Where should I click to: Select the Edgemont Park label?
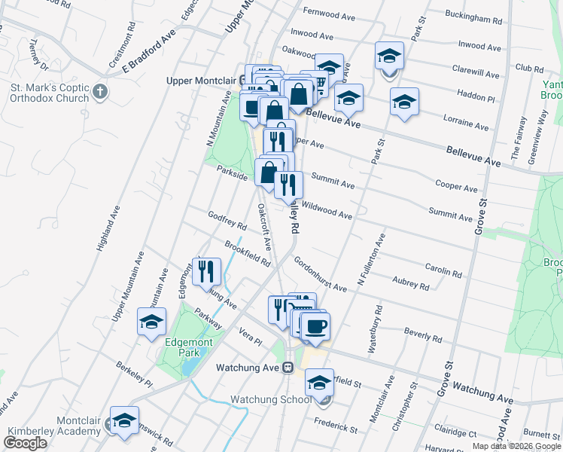click(184, 347)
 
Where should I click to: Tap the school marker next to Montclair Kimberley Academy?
click(125, 421)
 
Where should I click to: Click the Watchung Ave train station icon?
click(288, 368)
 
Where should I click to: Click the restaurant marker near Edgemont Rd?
click(206, 270)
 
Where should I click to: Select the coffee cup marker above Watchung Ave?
click(315, 325)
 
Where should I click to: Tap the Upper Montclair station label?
click(201, 79)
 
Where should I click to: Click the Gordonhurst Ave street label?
click(320, 276)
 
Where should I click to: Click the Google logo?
click(25, 444)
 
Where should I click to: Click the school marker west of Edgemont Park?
click(151, 322)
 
